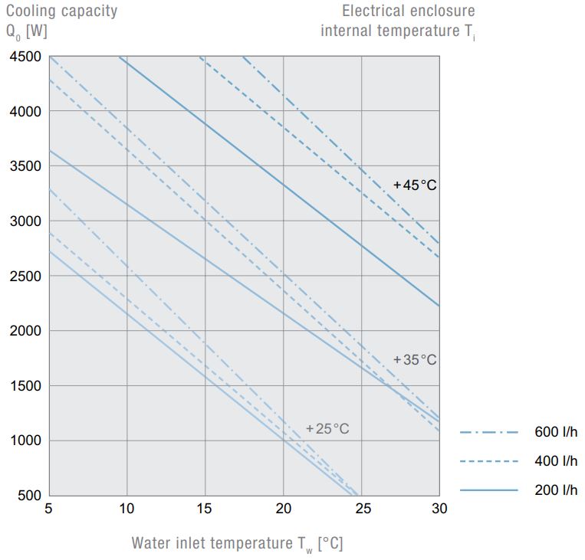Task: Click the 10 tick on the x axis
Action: [x=127, y=509]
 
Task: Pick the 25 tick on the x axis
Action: [x=362, y=509]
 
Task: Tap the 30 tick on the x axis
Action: [x=440, y=509]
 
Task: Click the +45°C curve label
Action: [x=415, y=185]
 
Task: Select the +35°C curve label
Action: [x=415, y=359]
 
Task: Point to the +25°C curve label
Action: [x=327, y=429]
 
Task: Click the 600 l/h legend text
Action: [x=556, y=432]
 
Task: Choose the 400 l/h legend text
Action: [x=556, y=461]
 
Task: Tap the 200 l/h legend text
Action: [x=556, y=490]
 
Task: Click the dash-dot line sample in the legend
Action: [x=489, y=433]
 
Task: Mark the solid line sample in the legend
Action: [x=489, y=490]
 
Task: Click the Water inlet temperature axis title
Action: [x=237, y=544]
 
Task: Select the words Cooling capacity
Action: [x=62, y=11]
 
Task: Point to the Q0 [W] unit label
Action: [x=28, y=31]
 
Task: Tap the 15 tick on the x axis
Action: [x=205, y=509]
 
